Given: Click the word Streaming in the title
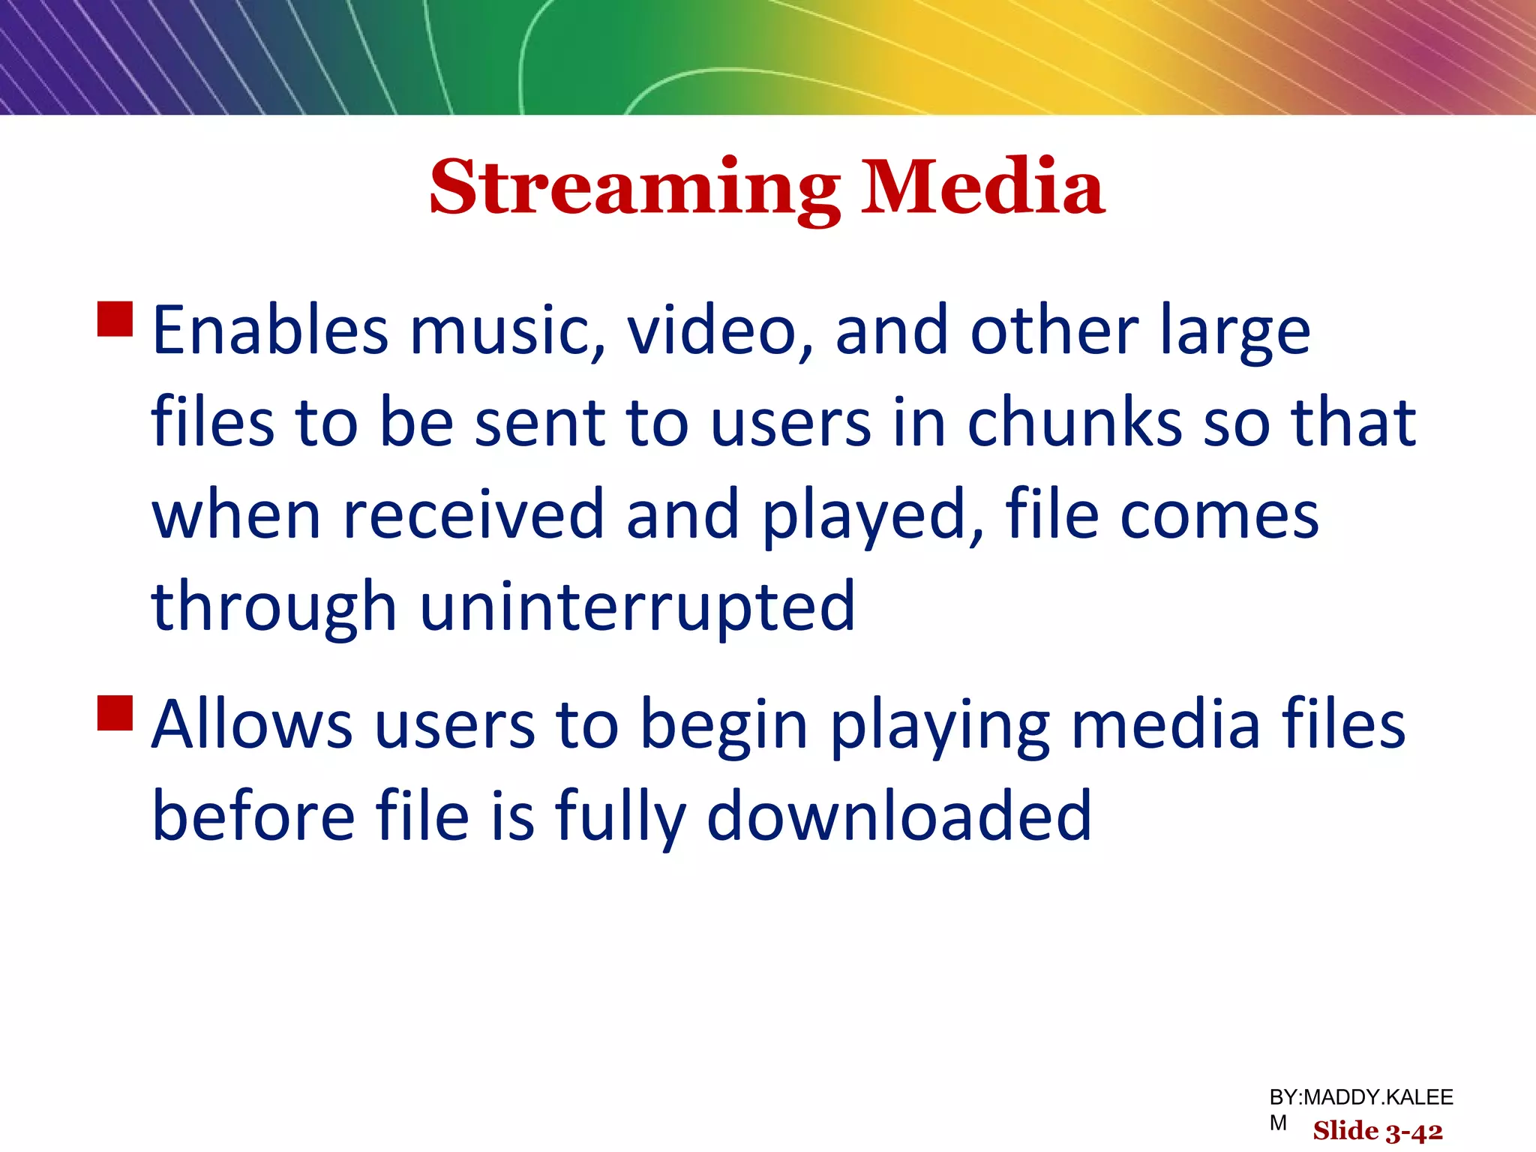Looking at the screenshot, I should (634, 187).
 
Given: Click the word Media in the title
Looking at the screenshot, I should (982, 187).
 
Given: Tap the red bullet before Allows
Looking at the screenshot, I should (115, 712).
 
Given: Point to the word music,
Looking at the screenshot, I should (507, 331).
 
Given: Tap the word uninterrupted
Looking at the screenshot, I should (637, 607).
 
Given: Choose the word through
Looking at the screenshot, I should (274, 607).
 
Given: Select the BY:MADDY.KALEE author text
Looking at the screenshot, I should (1360, 1098).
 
